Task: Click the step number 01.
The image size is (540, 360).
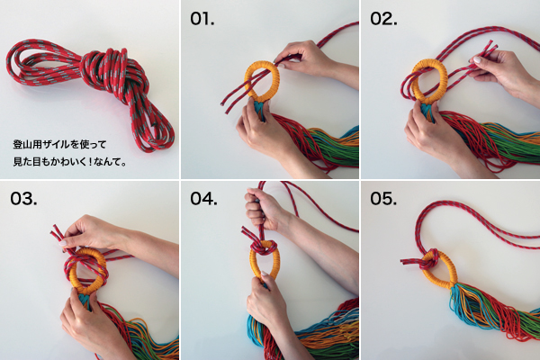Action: (x=202, y=19)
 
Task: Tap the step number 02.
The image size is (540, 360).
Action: (x=383, y=19)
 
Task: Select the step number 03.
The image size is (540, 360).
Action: (x=23, y=199)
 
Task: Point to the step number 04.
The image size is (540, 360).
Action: (x=203, y=199)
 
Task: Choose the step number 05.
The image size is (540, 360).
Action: (x=383, y=199)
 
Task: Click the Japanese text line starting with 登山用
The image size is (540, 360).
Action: (x=59, y=144)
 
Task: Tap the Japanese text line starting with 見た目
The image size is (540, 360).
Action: (x=70, y=161)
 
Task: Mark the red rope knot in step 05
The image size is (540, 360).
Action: (x=428, y=260)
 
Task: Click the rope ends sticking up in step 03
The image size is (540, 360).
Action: (x=58, y=234)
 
